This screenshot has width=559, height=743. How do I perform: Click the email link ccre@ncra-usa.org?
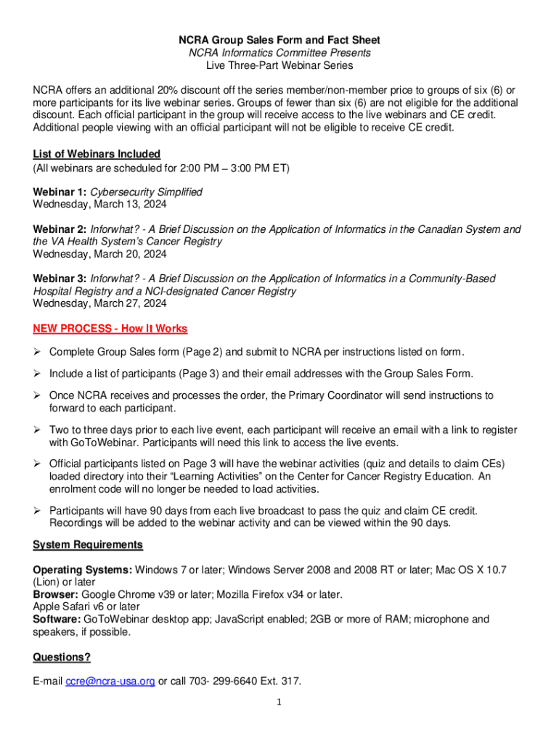click(x=110, y=681)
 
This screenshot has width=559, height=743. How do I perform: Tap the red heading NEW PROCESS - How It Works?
click(x=110, y=329)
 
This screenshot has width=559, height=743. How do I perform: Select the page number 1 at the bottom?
click(x=279, y=702)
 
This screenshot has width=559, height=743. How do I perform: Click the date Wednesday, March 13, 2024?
click(x=99, y=204)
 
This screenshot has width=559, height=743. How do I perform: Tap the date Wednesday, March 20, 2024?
click(x=99, y=254)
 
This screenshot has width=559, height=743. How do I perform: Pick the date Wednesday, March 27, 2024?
click(x=99, y=303)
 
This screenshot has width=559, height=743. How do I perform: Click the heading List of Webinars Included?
click(x=97, y=154)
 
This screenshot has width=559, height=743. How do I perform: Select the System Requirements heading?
click(x=88, y=544)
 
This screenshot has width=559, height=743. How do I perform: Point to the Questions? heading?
click(x=62, y=657)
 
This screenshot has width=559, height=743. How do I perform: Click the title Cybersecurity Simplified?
click(x=146, y=192)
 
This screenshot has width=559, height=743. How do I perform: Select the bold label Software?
click(x=57, y=619)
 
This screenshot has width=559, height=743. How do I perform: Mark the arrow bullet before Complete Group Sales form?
click(x=38, y=352)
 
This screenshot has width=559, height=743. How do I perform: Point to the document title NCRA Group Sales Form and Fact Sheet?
click(x=279, y=40)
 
